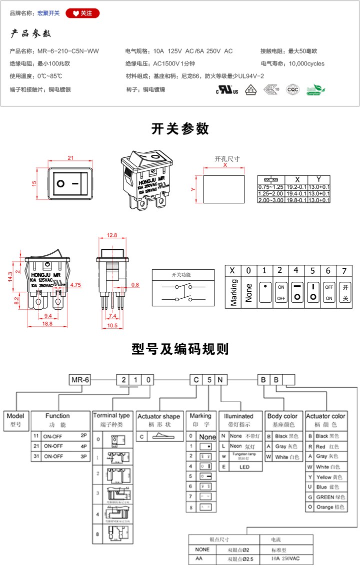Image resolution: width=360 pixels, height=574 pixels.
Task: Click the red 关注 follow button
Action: point(82,13)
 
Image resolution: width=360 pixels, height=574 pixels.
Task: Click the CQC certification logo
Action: point(292,90)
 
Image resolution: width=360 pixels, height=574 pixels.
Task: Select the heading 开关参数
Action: point(180,129)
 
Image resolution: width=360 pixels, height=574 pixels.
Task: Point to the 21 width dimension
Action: point(70,158)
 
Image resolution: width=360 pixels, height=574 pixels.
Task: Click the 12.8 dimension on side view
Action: point(112,235)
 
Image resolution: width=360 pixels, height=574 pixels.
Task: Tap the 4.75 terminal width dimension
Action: point(76,285)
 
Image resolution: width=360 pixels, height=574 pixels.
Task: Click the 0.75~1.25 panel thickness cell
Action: point(270,186)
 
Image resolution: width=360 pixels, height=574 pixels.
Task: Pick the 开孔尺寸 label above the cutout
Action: point(227,159)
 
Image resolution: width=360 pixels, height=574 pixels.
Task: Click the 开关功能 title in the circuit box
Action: point(181,275)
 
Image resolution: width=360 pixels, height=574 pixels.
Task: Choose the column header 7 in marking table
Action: point(344,270)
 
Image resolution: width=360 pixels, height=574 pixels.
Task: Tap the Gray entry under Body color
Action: point(283,447)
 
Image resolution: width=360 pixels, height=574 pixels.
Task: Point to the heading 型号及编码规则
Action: point(180,349)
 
